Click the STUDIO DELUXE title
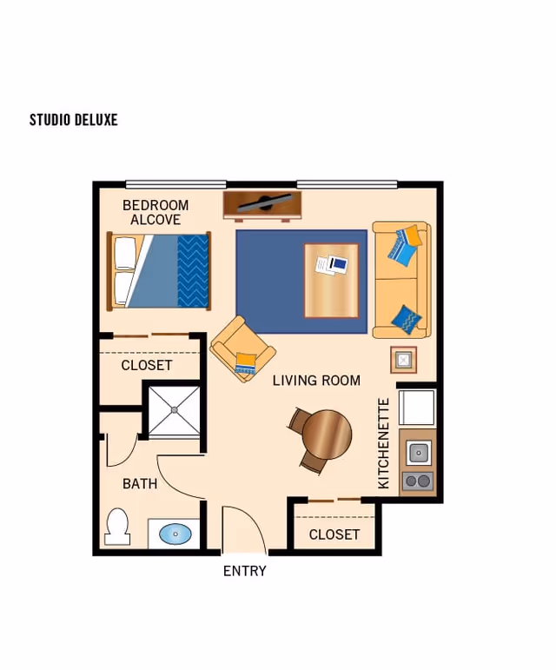click(x=74, y=120)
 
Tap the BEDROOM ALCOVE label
click(x=156, y=212)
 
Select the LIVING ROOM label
click(x=316, y=381)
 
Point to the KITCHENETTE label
click(x=383, y=443)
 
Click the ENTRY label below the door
click(x=245, y=571)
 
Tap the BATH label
click(x=140, y=484)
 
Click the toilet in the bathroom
click(x=117, y=527)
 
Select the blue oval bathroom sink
click(x=175, y=534)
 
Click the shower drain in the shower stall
click(x=175, y=410)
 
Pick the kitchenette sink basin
click(x=418, y=452)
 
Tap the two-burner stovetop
click(x=418, y=481)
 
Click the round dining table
click(x=327, y=435)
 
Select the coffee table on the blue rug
click(x=331, y=281)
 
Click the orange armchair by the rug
click(x=242, y=348)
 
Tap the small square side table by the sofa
click(x=404, y=360)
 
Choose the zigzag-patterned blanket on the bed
click(x=193, y=271)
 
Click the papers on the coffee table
click(x=331, y=265)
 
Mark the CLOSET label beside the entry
click(x=334, y=534)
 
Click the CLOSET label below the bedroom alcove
click(x=147, y=365)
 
